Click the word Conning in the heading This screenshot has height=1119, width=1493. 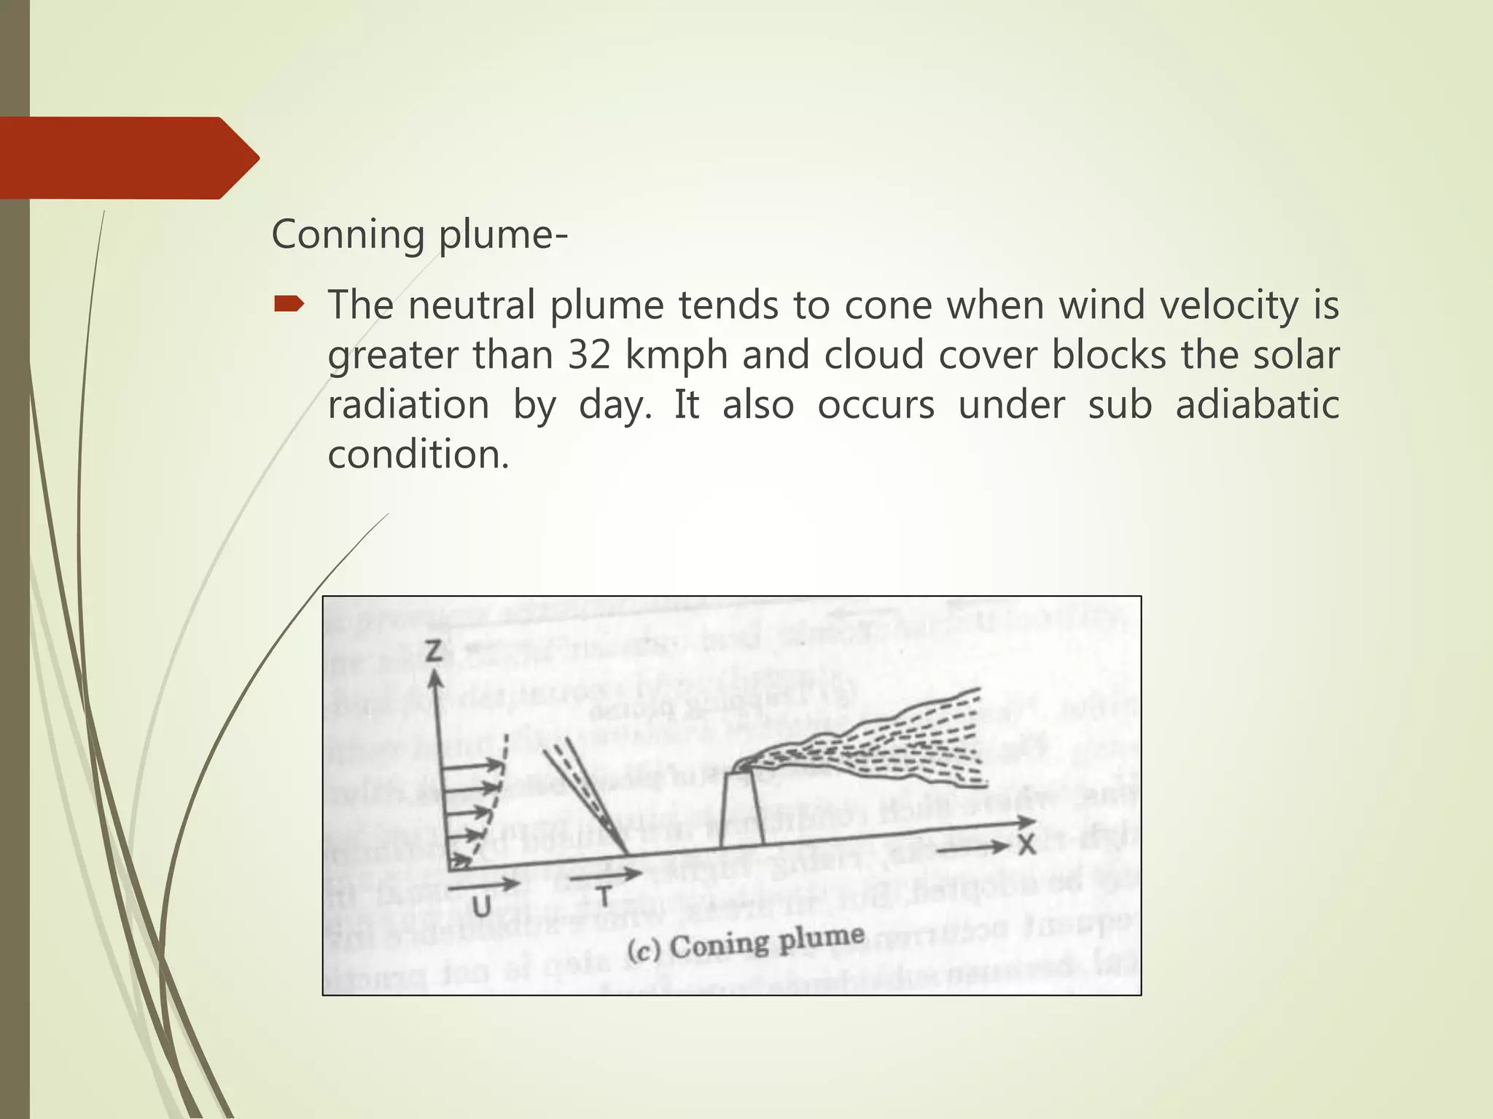(348, 235)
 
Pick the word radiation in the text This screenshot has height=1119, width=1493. (408, 404)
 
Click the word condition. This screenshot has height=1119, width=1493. (418, 455)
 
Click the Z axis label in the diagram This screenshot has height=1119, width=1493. (434, 650)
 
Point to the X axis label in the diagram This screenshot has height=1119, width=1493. (1026, 845)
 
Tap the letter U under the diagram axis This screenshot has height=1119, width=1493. (481, 907)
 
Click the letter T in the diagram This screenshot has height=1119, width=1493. (604, 895)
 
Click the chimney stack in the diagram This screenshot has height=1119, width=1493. (741, 809)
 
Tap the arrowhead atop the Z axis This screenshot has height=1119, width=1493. (435, 679)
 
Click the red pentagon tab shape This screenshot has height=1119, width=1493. (124, 157)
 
